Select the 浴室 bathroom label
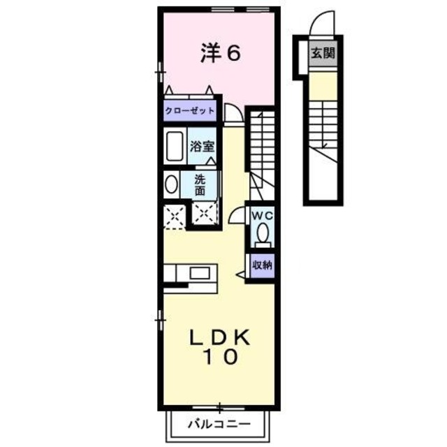[203, 147]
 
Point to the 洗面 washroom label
[200, 184]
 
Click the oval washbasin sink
[171, 186]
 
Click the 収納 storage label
[263, 265]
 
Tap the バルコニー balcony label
[218, 423]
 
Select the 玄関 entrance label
[323, 52]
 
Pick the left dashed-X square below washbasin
[175, 214]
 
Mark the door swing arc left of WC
[236, 214]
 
